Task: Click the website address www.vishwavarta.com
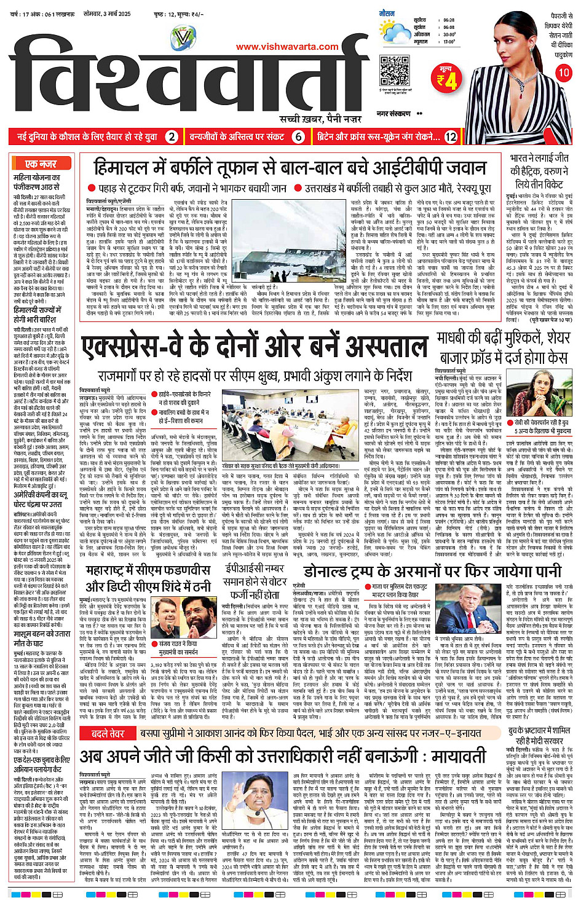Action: (x=287, y=47)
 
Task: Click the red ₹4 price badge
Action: (x=447, y=80)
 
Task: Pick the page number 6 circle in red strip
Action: (x=298, y=137)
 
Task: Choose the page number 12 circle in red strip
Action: (x=451, y=137)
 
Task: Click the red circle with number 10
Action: (x=563, y=73)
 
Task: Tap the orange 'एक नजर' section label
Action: (x=41, y=164)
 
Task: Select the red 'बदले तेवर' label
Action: (x=108, y=733)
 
